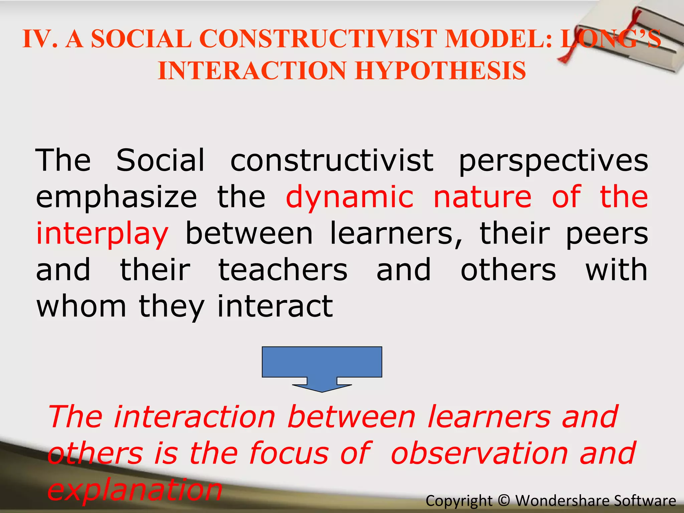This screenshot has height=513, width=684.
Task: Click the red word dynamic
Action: [x=349, y=197]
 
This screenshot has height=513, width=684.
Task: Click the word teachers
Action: [x=283, y=270]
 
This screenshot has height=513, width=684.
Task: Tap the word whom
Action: [x=81, y=306]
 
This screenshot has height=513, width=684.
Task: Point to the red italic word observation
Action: [x=479, y=454]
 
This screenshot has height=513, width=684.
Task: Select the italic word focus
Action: [x=289, y=454]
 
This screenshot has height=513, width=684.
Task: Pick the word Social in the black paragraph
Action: [x=160, y=160]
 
